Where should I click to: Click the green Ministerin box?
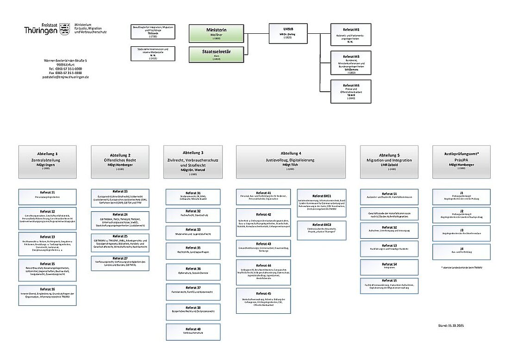(216, 34)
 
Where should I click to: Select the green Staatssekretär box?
(216, 54)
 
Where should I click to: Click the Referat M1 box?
(350, 35)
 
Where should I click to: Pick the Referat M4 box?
(350, 91)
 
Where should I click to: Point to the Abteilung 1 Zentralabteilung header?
(47, 161)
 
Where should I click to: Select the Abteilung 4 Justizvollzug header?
(291, 161)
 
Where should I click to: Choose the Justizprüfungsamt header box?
(461, 161)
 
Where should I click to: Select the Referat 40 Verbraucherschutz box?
(193, 332)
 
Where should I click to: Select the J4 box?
(461, 252)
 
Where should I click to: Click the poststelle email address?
(65, 77)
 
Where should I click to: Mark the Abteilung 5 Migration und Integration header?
(389, 161)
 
